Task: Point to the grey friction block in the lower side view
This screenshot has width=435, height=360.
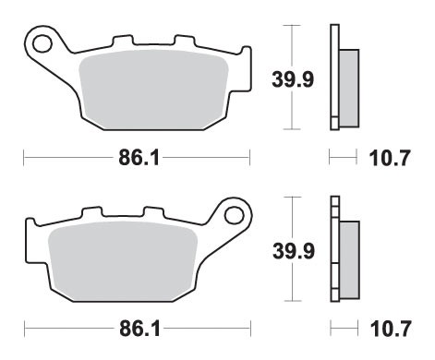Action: [x=348, y=258]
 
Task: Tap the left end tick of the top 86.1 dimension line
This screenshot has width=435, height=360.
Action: [x=24, y=159]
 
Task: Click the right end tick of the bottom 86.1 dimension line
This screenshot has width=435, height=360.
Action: [x=251, y=329]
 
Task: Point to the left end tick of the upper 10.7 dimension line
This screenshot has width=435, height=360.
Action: [x=330, y=159]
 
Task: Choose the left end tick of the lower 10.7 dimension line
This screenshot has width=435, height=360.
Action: [x=330, y=329]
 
